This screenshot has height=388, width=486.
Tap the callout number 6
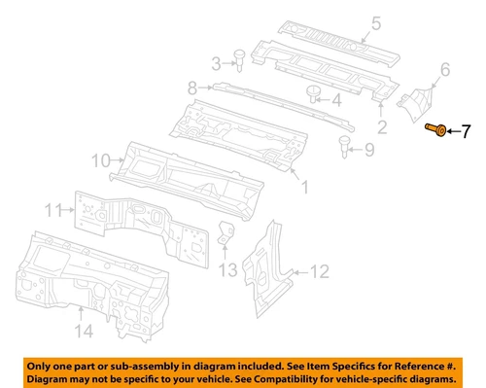444,69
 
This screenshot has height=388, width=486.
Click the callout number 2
383,125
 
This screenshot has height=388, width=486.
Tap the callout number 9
369,150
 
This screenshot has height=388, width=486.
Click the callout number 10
100,159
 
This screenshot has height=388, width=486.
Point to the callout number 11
54,208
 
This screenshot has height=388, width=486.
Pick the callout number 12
322,271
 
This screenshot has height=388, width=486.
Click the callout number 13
227,269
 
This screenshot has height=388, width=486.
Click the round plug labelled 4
313,94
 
